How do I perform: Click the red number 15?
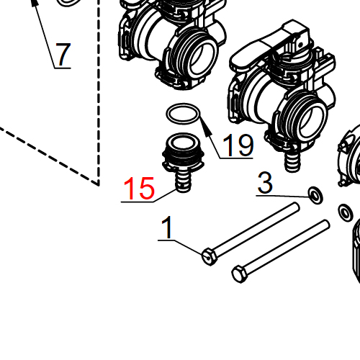tap(139, 189)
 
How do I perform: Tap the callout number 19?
tap(237, 146)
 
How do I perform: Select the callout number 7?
tap(63, 55)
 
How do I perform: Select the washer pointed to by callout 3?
tap(315, 194)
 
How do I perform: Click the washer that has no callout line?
tap(346, 212)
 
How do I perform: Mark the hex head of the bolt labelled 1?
tap(208, 256)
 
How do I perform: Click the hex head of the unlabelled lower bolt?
tap(240, 274)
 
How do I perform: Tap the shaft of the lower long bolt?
tap(288, 248)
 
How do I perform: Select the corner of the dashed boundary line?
tap(97, 184)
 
